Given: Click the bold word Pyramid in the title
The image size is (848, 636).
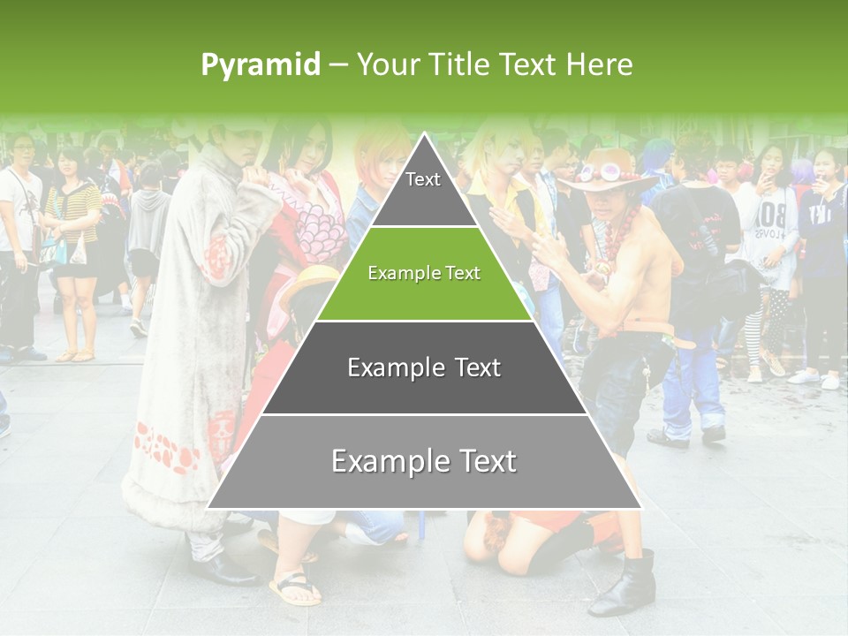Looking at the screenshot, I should click(x=261, y=64).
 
